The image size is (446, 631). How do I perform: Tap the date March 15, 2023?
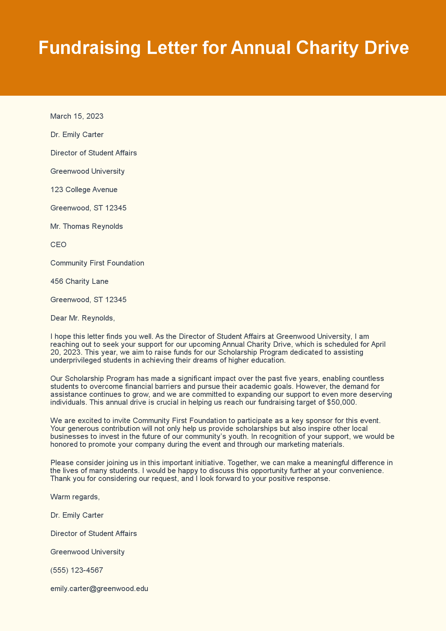[x=77, y=116]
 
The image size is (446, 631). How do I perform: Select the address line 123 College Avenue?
[x=84, y=190]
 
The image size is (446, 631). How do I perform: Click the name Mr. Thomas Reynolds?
[x=87, y=226]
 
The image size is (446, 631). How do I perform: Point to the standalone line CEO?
[x=58, y=245]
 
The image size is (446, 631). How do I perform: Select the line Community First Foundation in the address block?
[x=97, y=263]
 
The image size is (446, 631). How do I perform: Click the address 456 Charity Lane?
[x=79, y=281]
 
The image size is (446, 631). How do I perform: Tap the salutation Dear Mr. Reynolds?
[x=82, y=318]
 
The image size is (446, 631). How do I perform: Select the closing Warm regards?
[x=75, y=497]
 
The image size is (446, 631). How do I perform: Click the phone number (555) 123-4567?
[x=77, y=570]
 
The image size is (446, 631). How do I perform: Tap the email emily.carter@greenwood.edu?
[x=99, y=589]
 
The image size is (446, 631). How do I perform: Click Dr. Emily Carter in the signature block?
[x=77, y=515]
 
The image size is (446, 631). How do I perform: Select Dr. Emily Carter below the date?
[x=77, y=135]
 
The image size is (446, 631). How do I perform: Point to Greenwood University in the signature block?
[x=87, y=552]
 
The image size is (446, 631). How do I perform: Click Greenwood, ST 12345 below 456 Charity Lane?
[x=88, y=300]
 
